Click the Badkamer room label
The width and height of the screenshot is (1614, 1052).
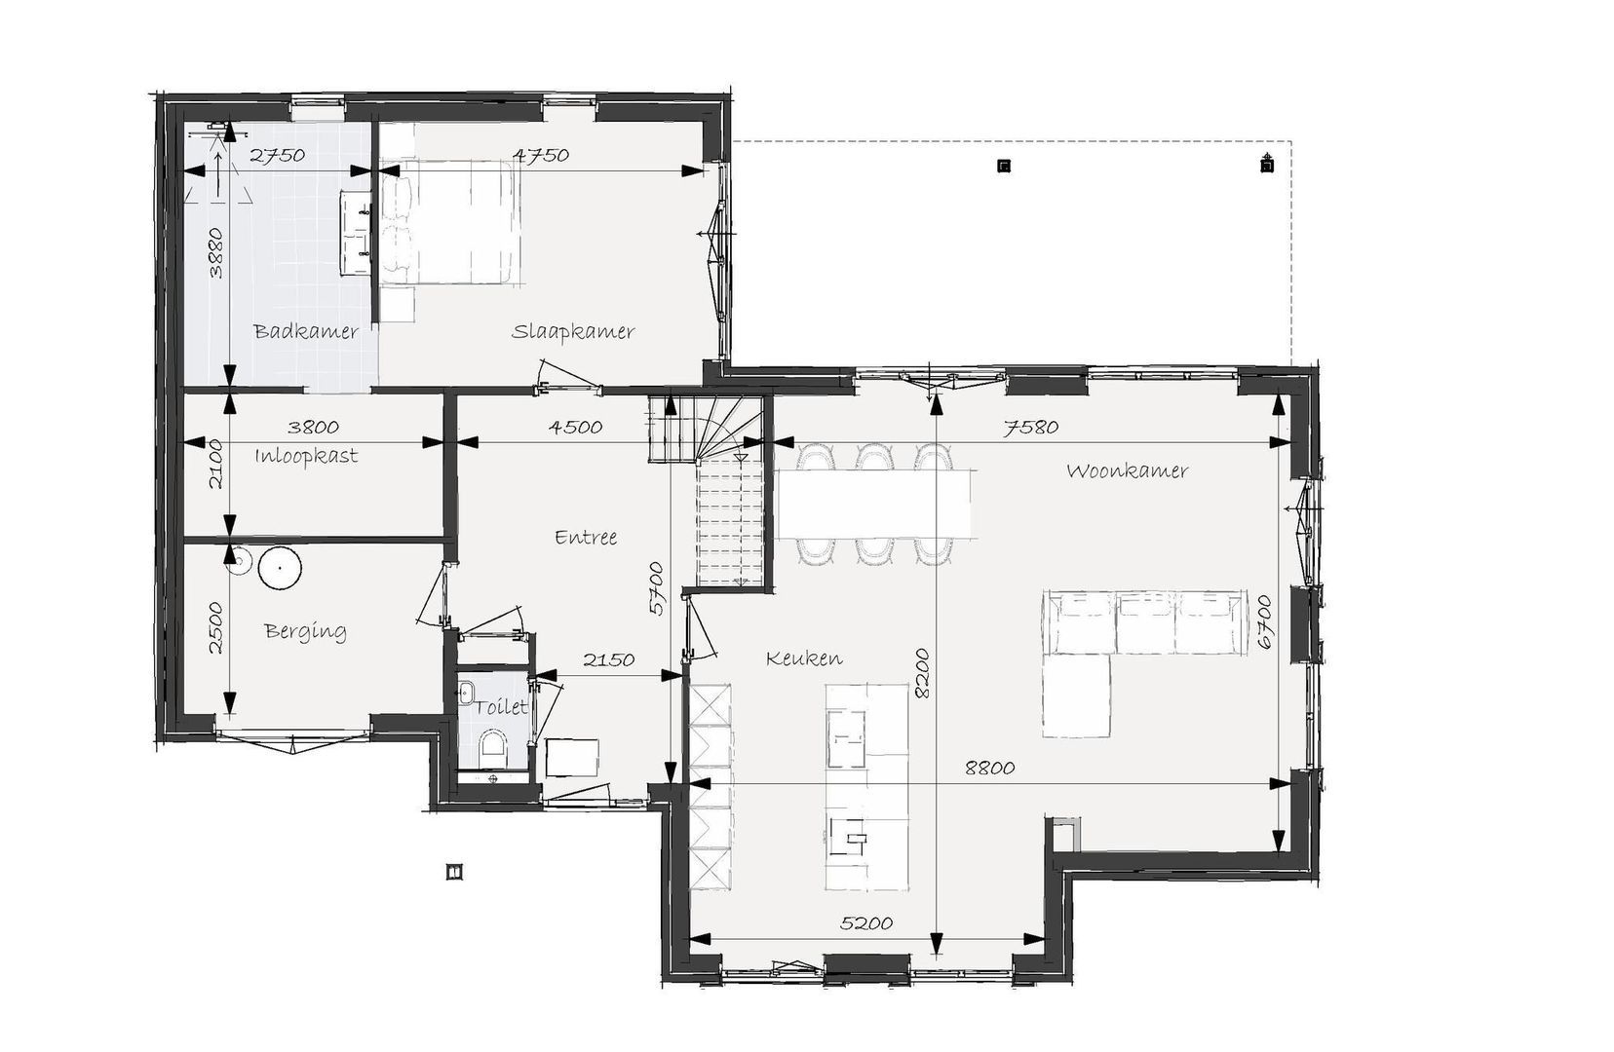(x=306, y=331)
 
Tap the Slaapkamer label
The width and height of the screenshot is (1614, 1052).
(x=573, y=331)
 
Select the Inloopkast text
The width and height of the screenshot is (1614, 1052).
(x=306, y=456)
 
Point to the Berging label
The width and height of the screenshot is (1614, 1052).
(x=305, y=631)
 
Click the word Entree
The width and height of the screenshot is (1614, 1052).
(x=586, y=537)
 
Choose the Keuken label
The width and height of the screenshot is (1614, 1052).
(x=804, y=658)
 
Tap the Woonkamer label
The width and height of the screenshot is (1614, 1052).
(x=1127, y=470)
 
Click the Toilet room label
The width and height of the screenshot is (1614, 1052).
(x=502, y=706)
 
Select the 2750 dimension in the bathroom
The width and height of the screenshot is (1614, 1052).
(x=278, y=155)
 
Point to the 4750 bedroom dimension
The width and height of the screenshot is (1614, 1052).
(x=540, y=155)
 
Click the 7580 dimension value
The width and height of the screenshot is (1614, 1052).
(x=1031, y=427)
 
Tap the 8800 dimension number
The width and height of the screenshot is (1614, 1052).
(x=990, y=768)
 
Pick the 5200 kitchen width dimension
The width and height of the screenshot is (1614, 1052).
(x=866, y=922)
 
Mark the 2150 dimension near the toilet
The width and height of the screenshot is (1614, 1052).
(x=609, y=658)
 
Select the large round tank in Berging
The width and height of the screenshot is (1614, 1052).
(x=281, y=569)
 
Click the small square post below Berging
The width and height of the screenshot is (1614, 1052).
(x=454, y=871)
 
